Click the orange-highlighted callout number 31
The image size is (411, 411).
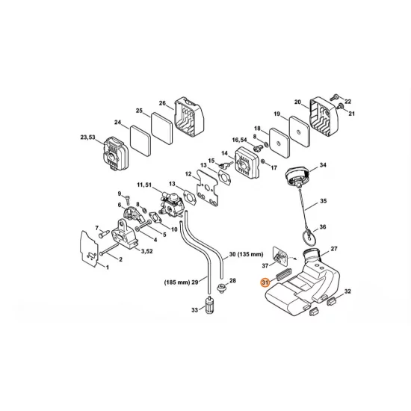pyautogui.click(x=265, y=282)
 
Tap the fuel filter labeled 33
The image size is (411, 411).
pyautogui.click(x=208, y=306)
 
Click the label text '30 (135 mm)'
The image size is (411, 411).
pyautogui.click(x=246, y=254)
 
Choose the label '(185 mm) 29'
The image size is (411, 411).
pyautogui.click(x=182, y=282)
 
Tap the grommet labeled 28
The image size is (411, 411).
pyautogui.click(x=222, y=288)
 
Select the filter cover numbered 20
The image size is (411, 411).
pyautogui.click(x=324, y=118)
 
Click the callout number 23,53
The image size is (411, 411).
pyautogui.click(x=88, y=137)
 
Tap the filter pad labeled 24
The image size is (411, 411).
pyautogui.click(x=140, y=140)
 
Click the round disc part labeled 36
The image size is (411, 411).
pyautogui.click(x=308, y=235)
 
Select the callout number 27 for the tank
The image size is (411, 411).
pyautogui.click(x=334, y=249)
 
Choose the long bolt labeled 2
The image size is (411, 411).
pyautogui.click(x=108, y=250)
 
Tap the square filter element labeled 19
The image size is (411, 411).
pyautogui.click(x=300, y=132)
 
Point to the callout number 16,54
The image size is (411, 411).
pyautogui.click(x=240, y=140)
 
